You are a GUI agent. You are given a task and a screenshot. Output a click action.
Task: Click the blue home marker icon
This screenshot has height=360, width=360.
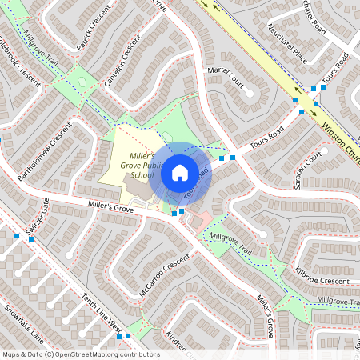pyautogui.click(x=180, y=173)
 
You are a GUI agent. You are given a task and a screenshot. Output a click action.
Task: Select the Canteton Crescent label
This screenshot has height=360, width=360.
pyautogui.click(x=116, y=64)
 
